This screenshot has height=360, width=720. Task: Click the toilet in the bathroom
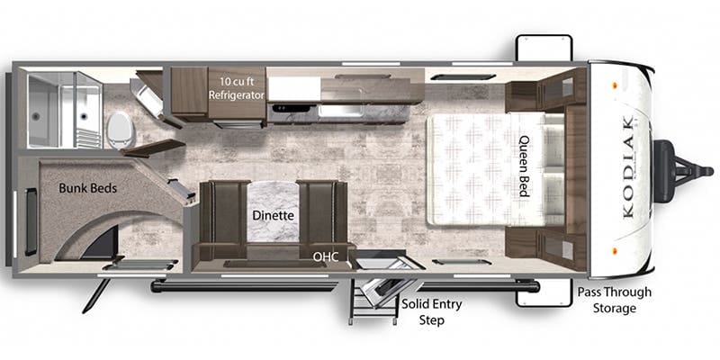[120, 130]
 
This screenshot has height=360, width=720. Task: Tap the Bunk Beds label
[87, 188]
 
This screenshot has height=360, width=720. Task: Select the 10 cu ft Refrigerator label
[237, 88]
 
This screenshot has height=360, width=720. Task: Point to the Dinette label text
[273, 215]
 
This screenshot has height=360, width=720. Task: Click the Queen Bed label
[525, 166]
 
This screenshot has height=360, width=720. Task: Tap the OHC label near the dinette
[326, 256]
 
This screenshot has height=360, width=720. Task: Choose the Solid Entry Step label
[432, 311]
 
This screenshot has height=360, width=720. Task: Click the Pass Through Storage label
[615, 300]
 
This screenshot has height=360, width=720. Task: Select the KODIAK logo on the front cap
[628, 166]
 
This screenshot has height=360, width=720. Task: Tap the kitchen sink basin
[341, 111]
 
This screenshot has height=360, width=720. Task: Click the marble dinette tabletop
[273, 211]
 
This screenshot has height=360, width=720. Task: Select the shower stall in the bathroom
[64, 110]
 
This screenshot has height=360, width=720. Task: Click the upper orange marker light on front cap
[614, 85]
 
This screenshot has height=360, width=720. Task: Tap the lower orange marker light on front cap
[614, 252]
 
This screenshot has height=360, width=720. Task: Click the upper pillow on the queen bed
[554, 142]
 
